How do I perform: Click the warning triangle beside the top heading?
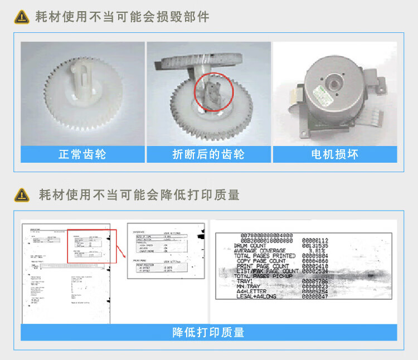[22, 17]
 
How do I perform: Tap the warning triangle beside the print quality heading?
[22, 194]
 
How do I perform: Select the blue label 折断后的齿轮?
[208, 154]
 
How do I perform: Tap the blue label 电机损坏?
[334, 154]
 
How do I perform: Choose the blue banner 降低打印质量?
[208, 333]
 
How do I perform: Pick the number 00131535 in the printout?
[315, 245]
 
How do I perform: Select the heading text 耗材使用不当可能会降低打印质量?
[139, 194]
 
